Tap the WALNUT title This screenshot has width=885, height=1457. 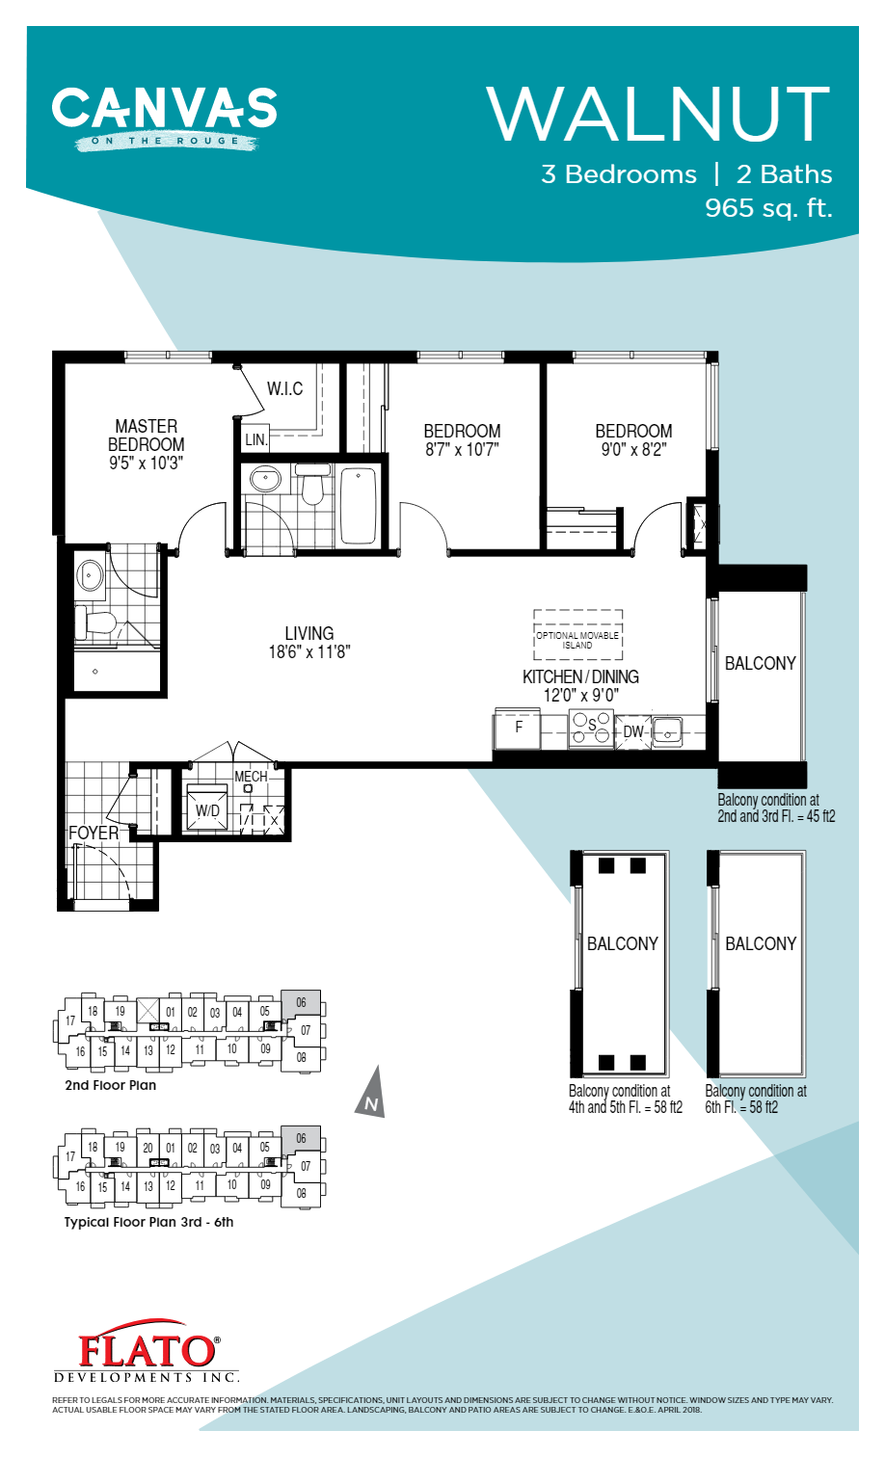pos(658,115)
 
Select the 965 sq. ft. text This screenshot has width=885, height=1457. pos(767,208)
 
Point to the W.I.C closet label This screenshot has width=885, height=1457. pos(284,388)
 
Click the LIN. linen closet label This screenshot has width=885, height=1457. pos(255,439)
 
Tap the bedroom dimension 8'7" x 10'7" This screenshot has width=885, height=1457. pos(462,450)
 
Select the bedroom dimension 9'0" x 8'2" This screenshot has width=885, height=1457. pos(633,450)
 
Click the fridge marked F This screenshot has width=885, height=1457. pos(518,728)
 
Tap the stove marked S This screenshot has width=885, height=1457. pos(591,728)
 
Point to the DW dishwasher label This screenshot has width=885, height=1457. pos(632,732)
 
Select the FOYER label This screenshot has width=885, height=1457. pos(94,833)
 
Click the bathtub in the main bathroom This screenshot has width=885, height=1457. pos(358,506)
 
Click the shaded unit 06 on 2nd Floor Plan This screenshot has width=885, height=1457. pos(301,1003)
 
